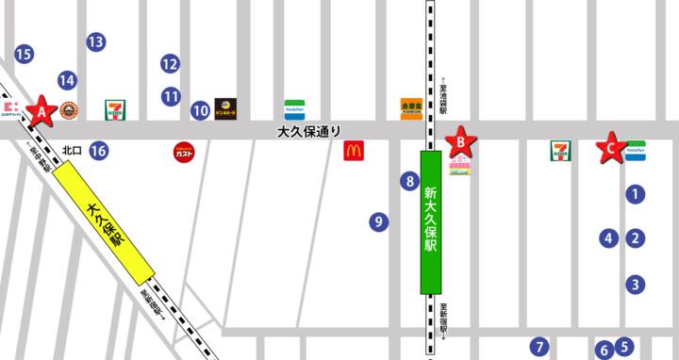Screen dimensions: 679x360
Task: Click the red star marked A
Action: point(40,111)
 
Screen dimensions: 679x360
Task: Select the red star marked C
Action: point(611,147)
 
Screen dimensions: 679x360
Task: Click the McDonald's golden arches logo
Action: point(354,149)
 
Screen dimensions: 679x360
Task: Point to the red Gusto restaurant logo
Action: point(184,151)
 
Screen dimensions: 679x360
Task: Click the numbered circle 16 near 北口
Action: point(99,150)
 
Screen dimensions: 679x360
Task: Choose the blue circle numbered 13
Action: point(95,41)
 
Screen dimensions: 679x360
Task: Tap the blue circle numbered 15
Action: point(24,54)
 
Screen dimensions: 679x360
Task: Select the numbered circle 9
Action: point(378,222)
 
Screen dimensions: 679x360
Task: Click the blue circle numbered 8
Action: point(408,181)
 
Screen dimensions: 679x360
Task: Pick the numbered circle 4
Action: point(609,238)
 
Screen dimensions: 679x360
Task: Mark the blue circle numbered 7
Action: point(538,346)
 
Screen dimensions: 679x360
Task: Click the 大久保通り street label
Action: point(307,133)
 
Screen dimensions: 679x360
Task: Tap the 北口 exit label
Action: point(73,150)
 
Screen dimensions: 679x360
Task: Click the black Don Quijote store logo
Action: point(224,108)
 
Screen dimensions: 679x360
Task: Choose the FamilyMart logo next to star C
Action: point(637,150)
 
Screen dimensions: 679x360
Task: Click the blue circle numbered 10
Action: point(200,110)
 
